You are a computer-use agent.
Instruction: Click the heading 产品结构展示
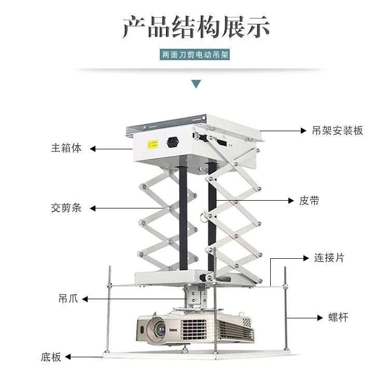196,26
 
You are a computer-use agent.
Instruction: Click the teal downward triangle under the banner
196,83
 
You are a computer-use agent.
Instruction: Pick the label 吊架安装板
337,130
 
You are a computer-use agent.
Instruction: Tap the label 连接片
329,257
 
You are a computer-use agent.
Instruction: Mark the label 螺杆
338,317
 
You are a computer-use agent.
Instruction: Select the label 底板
51,357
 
